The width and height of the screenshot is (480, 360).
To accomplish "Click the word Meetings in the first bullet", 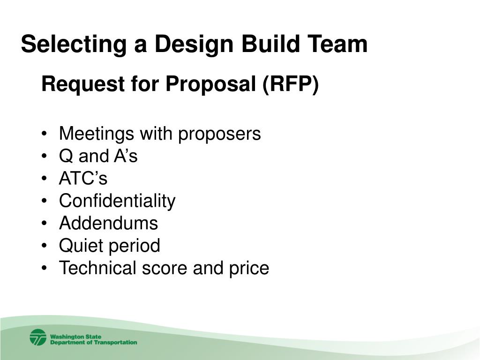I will pos(96,134).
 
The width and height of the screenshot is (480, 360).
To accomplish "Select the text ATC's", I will pos(83,179).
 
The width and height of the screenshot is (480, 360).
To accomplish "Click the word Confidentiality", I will pos(117,201).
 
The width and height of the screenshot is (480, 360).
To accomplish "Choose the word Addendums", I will pos(108,223).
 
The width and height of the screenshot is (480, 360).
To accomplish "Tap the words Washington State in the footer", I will pos(75,336).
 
